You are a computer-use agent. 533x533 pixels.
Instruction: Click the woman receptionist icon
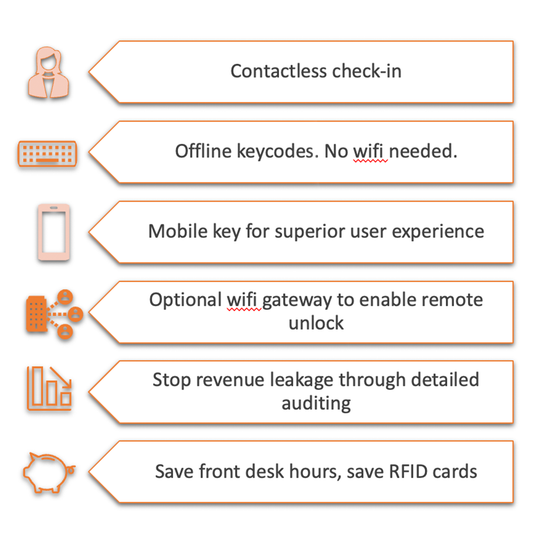49,72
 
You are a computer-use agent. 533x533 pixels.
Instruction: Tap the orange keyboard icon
47,154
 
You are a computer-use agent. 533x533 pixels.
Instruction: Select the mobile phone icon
54,232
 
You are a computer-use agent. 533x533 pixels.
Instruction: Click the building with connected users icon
54,314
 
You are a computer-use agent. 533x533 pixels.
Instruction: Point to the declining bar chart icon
49,388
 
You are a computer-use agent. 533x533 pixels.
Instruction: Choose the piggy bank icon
49,472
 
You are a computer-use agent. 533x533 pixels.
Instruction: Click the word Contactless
279,71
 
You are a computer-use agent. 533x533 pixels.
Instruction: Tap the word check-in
367,71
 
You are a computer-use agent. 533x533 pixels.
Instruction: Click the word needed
423,151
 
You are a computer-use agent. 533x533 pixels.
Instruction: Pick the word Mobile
178,231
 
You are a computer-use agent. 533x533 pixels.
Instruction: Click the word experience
438,233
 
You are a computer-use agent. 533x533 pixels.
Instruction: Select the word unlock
316,323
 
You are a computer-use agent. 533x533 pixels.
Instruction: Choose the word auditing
316,403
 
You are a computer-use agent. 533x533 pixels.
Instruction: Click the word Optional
185,300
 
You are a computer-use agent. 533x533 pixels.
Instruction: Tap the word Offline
203,151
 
